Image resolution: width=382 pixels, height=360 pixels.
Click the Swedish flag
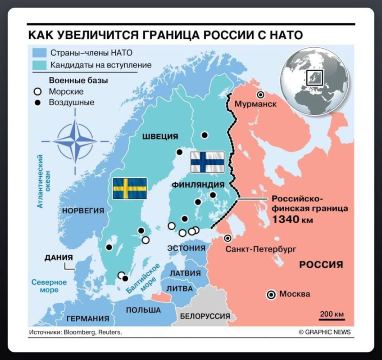click(x=130, y=189)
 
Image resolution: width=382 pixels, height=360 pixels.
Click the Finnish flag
click(x=207, y=162)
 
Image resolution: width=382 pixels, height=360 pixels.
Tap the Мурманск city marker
click(x=260, y=95)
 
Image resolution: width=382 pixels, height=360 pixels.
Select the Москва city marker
click(x=271, y=295)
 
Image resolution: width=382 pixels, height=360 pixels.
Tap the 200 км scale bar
click(x=332, y=319)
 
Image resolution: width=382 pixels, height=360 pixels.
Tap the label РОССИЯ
click(x=321, y=264)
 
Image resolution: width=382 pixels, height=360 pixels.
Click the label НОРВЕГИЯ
click(x=83, y=211)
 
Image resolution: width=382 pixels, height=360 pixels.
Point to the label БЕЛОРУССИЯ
click(x=205, y=316)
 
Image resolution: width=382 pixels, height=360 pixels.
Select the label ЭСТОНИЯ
click(x=186, y=248)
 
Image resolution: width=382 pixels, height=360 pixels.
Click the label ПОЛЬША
click(x=143, y=310)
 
